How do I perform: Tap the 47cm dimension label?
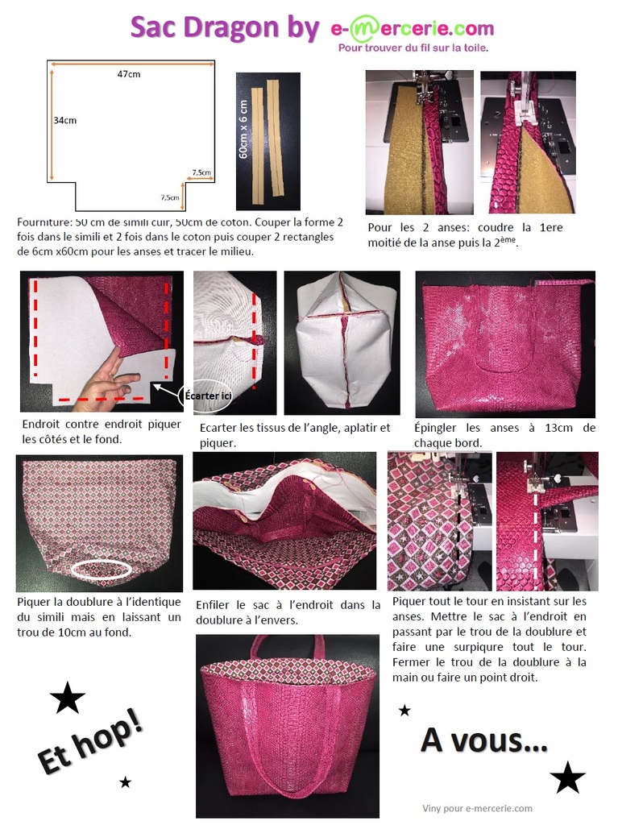[129, 74]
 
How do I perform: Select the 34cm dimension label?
[64, 121]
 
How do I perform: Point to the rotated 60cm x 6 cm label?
[243, 130]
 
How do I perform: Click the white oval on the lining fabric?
[102, 570]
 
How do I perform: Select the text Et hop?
[90, 741]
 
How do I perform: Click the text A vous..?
[484, 740]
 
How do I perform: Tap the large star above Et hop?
[68, 698]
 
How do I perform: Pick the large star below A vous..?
[567, 777]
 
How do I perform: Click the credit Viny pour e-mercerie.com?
[477, 808]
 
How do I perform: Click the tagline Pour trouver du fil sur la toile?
[413, 48]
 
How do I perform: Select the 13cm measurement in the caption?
[558, 428]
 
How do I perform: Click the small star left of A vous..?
[404, 711]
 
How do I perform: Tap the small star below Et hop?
[125, 781]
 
